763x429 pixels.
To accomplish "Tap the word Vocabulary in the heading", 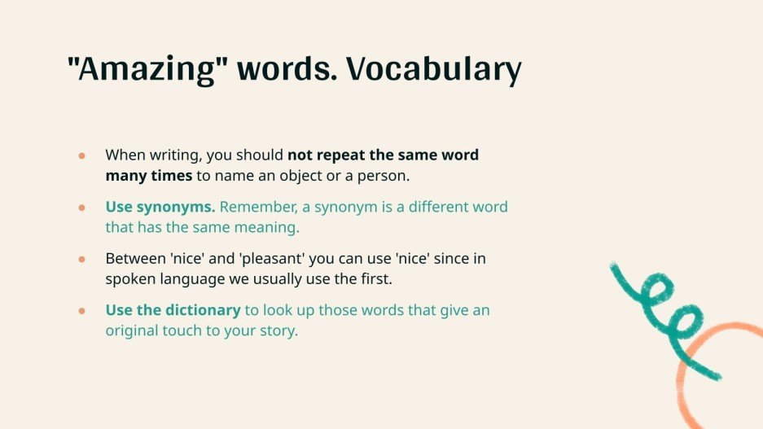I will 433,71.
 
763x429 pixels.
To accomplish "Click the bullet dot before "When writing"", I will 81,155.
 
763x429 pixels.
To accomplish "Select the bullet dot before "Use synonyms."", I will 81,207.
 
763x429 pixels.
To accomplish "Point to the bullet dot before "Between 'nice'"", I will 81,259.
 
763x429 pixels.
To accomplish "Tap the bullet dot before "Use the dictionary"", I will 81,311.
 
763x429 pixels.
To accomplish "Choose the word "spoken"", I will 128,279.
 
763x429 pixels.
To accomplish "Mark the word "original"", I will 132,331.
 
